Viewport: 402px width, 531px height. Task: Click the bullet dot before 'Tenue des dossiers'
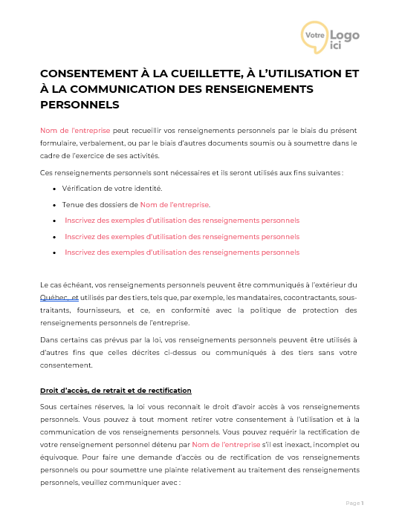pyautogui.click(x=54, y=204)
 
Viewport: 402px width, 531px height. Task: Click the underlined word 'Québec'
pyautogui.click(x=52, y=297)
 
